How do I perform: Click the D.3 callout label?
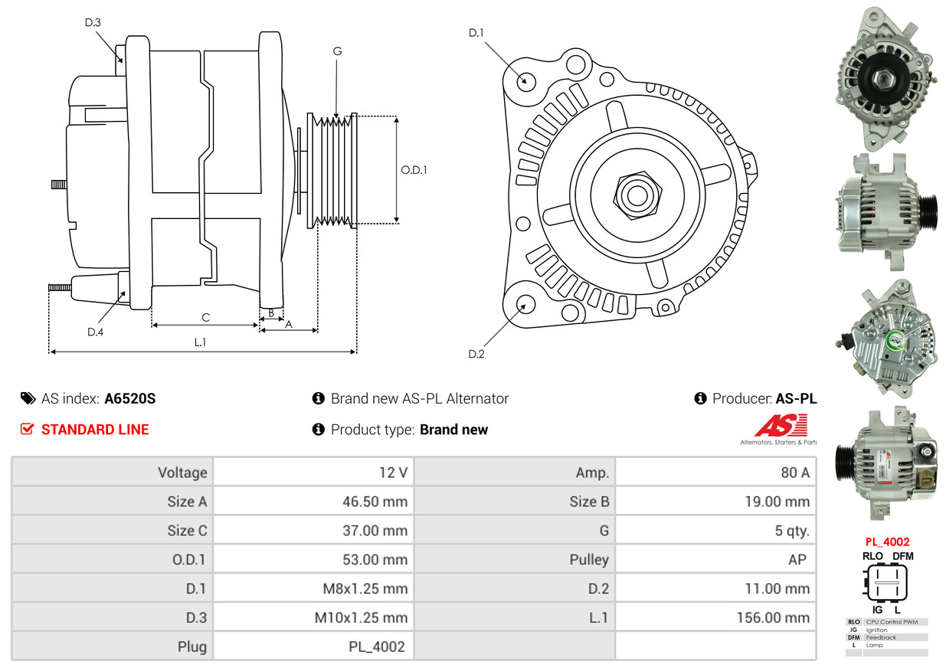pyautogui.click(x=93, y=22)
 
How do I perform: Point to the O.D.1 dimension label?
pyautogui.click(x=414, y=170)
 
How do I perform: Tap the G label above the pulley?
pyautogui.click(x=337, y=51)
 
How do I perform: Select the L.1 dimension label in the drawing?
pyautogui.click(x=200, y=342)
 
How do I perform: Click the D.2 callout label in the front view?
pyautogui.click(x=476, y=354)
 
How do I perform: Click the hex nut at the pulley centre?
pyautogui.click(x=637, y=195)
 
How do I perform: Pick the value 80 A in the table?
pyautogui.click(x=795, y=473)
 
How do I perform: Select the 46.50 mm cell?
pyautogui.click(x=375, y=502)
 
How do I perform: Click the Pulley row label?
pyautogui.click(x=589, y=559)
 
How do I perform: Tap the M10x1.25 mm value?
pyautogui.click(x=361, y=618)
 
